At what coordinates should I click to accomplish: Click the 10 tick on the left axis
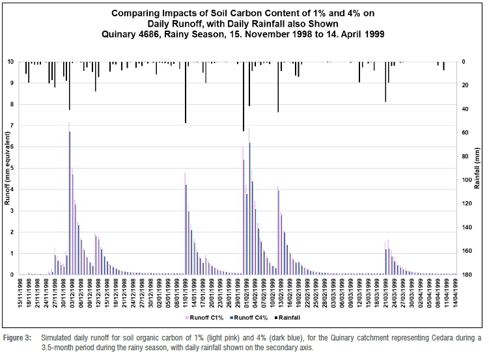tap(10, 61)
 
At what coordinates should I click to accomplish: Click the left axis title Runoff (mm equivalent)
tap(7, 168)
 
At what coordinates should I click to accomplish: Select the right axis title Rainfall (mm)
tap(477, 168)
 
